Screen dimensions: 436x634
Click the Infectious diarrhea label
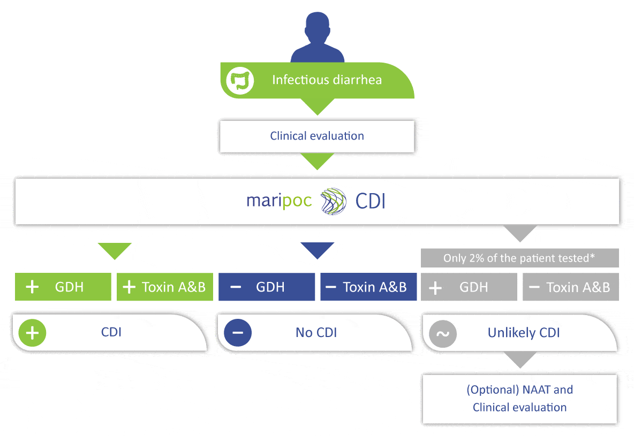point(327,80)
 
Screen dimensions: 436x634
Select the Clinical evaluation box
point(317,136)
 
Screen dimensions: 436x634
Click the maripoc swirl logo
point(334,202)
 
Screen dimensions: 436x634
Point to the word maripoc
point(278,202)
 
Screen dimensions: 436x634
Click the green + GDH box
point(63,287)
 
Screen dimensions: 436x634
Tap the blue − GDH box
point(267,287)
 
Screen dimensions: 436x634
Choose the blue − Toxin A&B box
point(368,287)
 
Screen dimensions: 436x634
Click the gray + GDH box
point(469,287)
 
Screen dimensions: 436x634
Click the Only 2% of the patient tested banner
point(519,258)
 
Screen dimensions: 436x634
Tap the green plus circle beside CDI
point(33,333)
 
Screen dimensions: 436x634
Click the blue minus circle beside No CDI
point(238,333)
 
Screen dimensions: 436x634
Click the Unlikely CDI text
point(523,333)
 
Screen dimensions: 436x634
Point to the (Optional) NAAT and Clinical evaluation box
point(519,399)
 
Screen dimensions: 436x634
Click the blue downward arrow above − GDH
point(317,250)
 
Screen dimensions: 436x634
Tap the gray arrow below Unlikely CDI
point(519,361)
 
